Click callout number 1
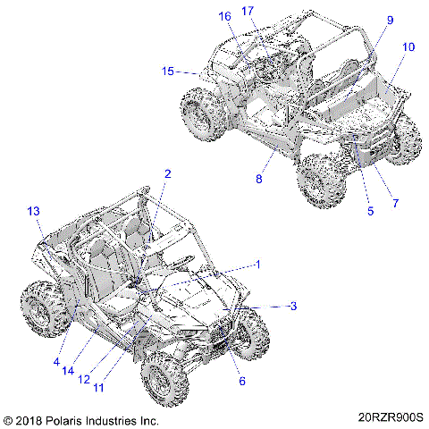coord(258,265)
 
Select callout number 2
coord(167,173)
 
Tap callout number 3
coord(291,307)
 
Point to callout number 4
coord(56,362)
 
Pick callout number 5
coord(371,212)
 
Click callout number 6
coord(241,382)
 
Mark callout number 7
coord(395,204)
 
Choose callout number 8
coord(258,180)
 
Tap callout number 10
coord(408,46)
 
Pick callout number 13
coord(34,211)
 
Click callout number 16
coord(224,16)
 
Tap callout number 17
coord(248,11)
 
